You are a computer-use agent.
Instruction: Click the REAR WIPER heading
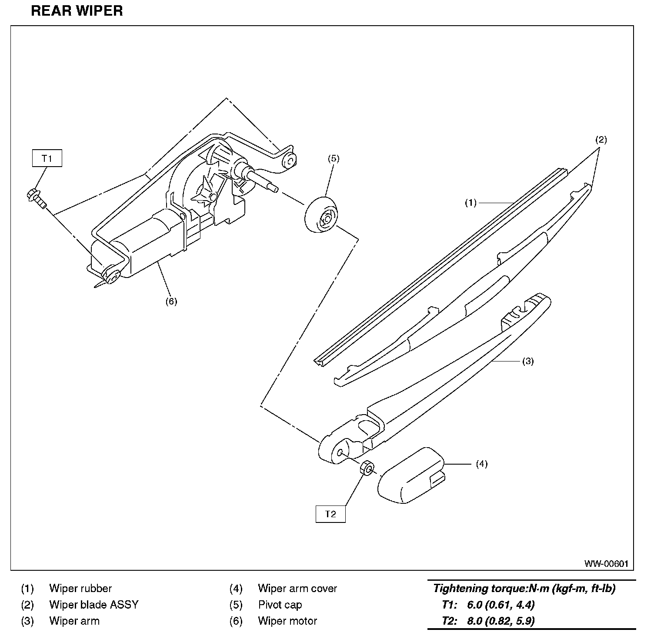(x=77, y=11)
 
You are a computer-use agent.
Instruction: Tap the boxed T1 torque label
(x=47, y=158)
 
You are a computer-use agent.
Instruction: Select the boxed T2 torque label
(x=330, y=514)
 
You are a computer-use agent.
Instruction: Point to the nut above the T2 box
(x=367, y=469)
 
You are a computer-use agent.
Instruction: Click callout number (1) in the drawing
(x=470, y=203)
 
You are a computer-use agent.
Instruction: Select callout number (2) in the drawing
(x=601, y=140)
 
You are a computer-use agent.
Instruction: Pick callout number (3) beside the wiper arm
(x=527, y=361)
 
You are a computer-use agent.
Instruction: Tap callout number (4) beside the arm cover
(x=481, y=464)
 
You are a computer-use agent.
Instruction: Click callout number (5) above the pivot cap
(x=333, y=158)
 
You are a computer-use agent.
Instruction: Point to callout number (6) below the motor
(x=171, y=301)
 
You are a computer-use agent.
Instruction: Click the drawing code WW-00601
(x=606, y=564)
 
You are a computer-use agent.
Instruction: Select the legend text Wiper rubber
(x=80, y=589)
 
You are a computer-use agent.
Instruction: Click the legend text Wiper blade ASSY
(x=93, y=605)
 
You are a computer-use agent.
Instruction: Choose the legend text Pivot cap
(x=280, y=605)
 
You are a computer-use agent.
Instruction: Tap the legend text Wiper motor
(x=287, y=621)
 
